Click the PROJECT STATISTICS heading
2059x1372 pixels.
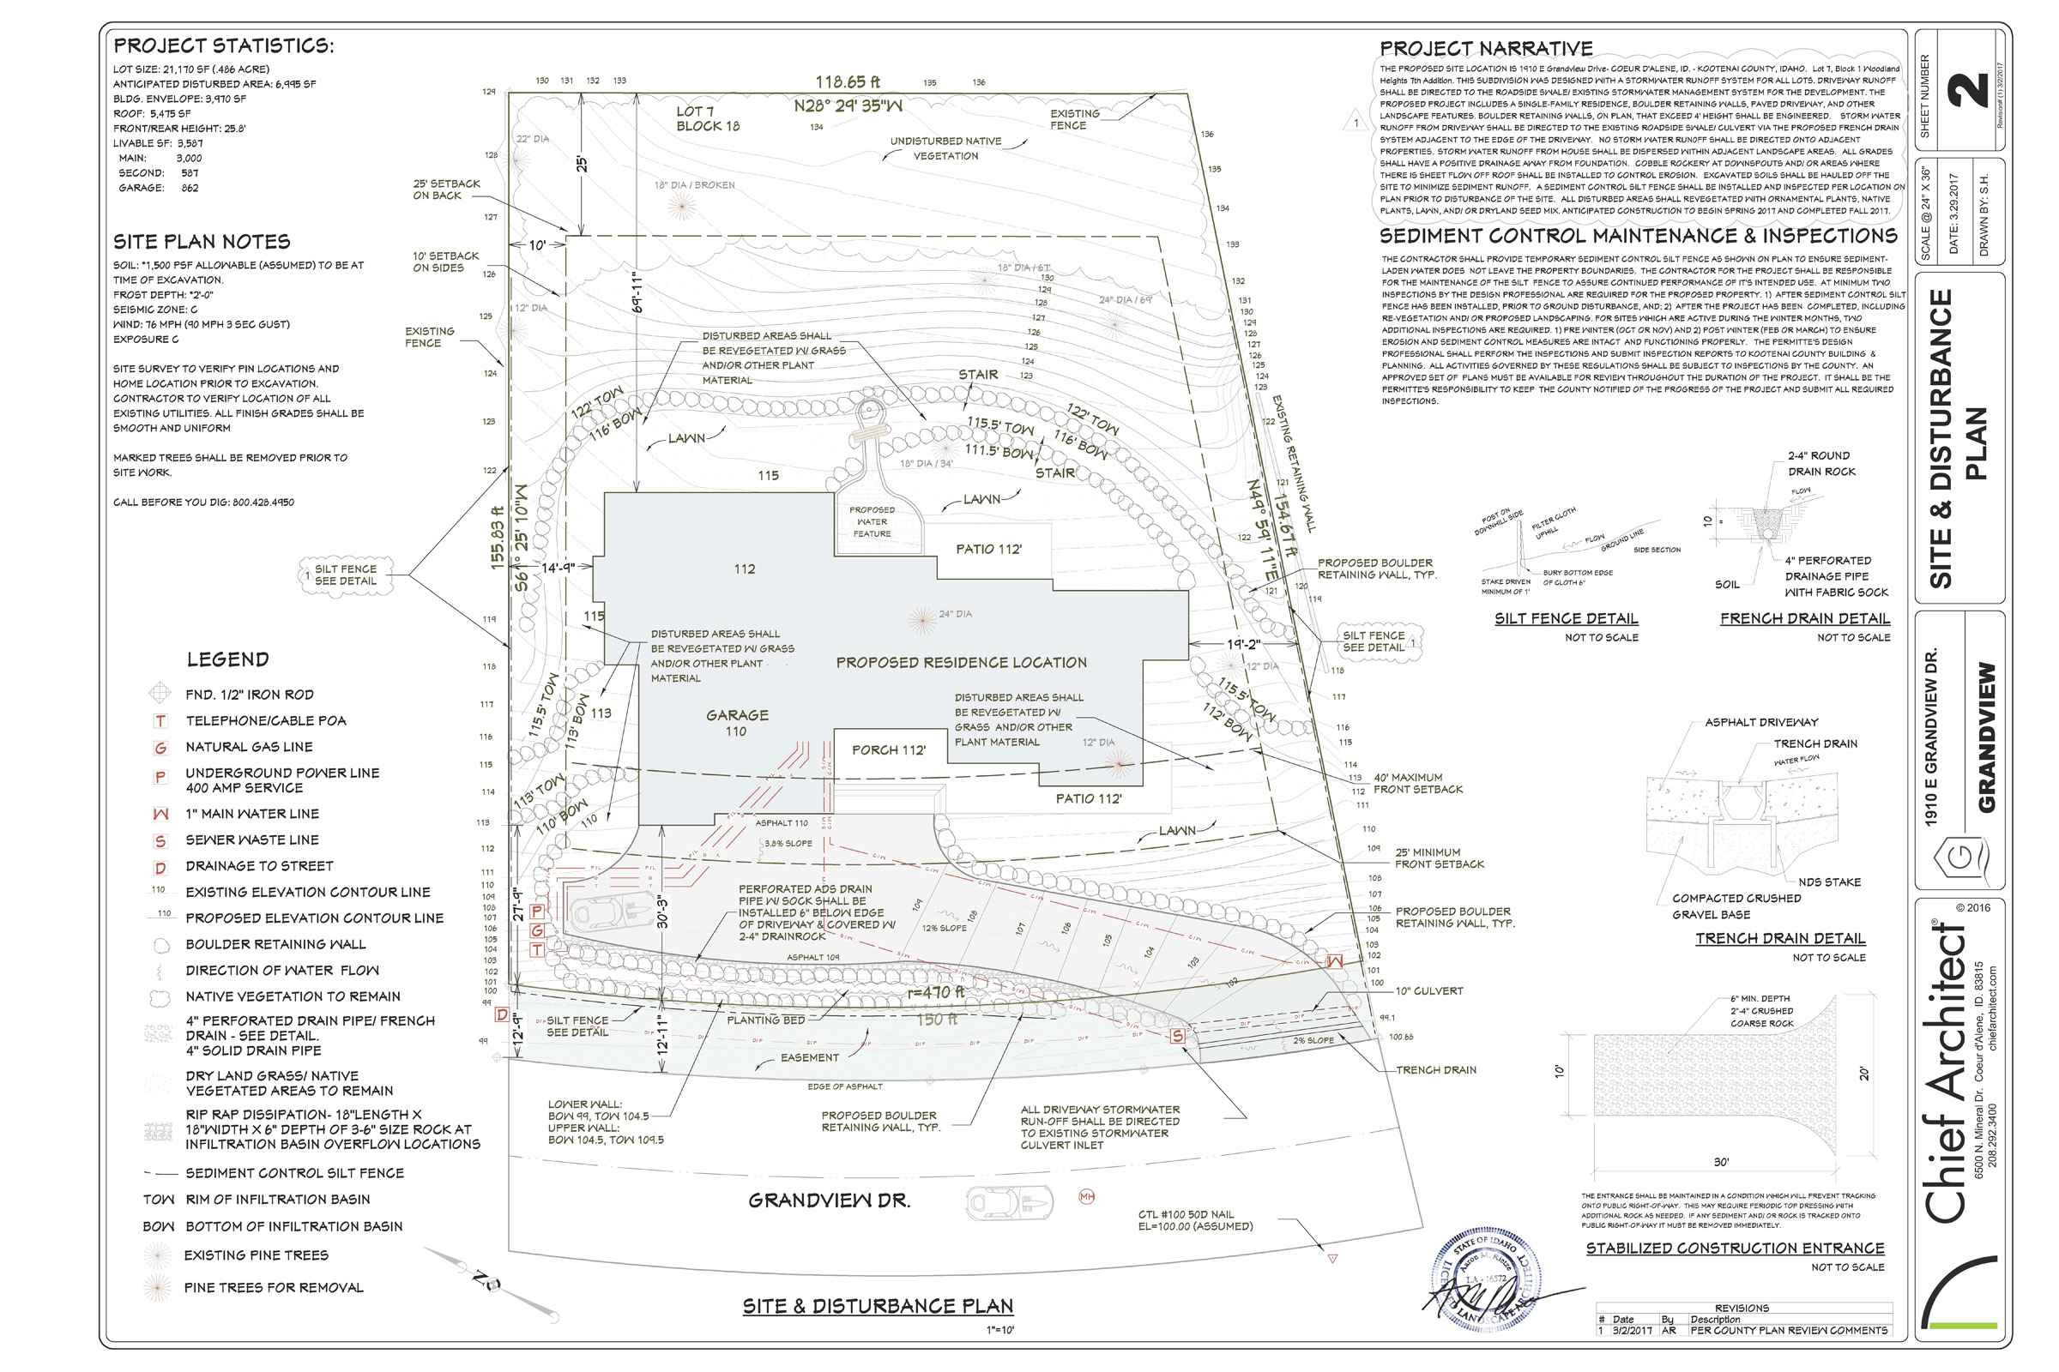pyautogui.click(x=223, y=45)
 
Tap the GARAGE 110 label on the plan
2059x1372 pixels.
pyautogui.click(x=737, y=723)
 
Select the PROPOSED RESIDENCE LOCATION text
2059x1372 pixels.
pyautogui.click(x=961, y=662)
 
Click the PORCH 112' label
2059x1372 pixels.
pyautogui.click(x=889, y=749)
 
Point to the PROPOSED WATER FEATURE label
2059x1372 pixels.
pyautogui.click(x=872, y=521)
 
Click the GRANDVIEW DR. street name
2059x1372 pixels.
pyautogui.click(x=829, y=1200)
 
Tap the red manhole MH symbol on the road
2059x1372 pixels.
pyautogui.click(x=1086, y=1196)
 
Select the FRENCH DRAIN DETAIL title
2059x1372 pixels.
pyautogui.click(x=1804, y=618)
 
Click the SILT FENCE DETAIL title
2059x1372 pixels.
pyautogui.click(x=1567, y=618)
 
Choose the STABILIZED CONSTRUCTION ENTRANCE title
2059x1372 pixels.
pyautogui.click(x=1735, y=1248)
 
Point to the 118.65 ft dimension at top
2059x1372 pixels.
pyautogui.click(x=848, y=82)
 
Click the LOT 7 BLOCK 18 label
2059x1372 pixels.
pyautogui.click(x=707, y=119)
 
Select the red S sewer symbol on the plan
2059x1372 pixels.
pyautogui.click(x=1177, y=1036)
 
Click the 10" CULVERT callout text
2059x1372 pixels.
pyautogui.click(x=1428, y=991)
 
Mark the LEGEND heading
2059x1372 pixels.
pyautogui.click(x=227, y=659)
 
